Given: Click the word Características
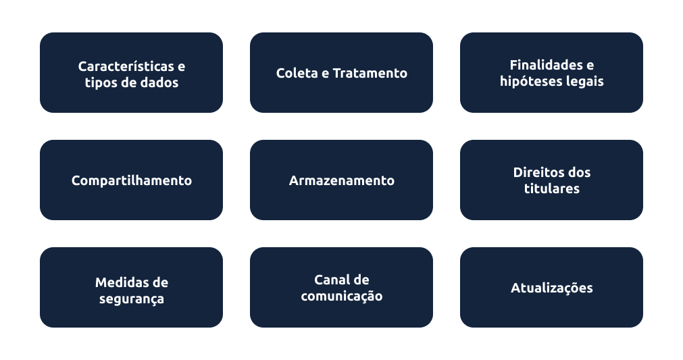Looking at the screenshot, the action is pyautogui.click(x=126, y=66).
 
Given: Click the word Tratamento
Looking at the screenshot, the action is pyautogui.click(x=370, y=73).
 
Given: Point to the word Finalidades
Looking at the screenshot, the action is pyautogui.click(x=547, y=65).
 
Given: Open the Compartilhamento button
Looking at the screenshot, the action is pyautogui.click(x=131, y=180).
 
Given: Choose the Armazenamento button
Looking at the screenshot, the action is pyautogui.click(x=341, y=180).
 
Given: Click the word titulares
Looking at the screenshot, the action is pyautogui.click(x=552, y=188).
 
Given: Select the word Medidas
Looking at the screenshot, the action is pyautogui.click(x=120, y=282).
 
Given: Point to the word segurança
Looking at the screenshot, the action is pyautogui.click(x=132, y=299).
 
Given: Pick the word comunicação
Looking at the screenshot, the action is pyautogui.click(x=342, y=297).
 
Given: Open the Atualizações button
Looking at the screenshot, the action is pyautogui.click(x=551, y=287).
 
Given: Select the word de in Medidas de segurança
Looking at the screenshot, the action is pyautogui.click(x=158, y=282).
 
